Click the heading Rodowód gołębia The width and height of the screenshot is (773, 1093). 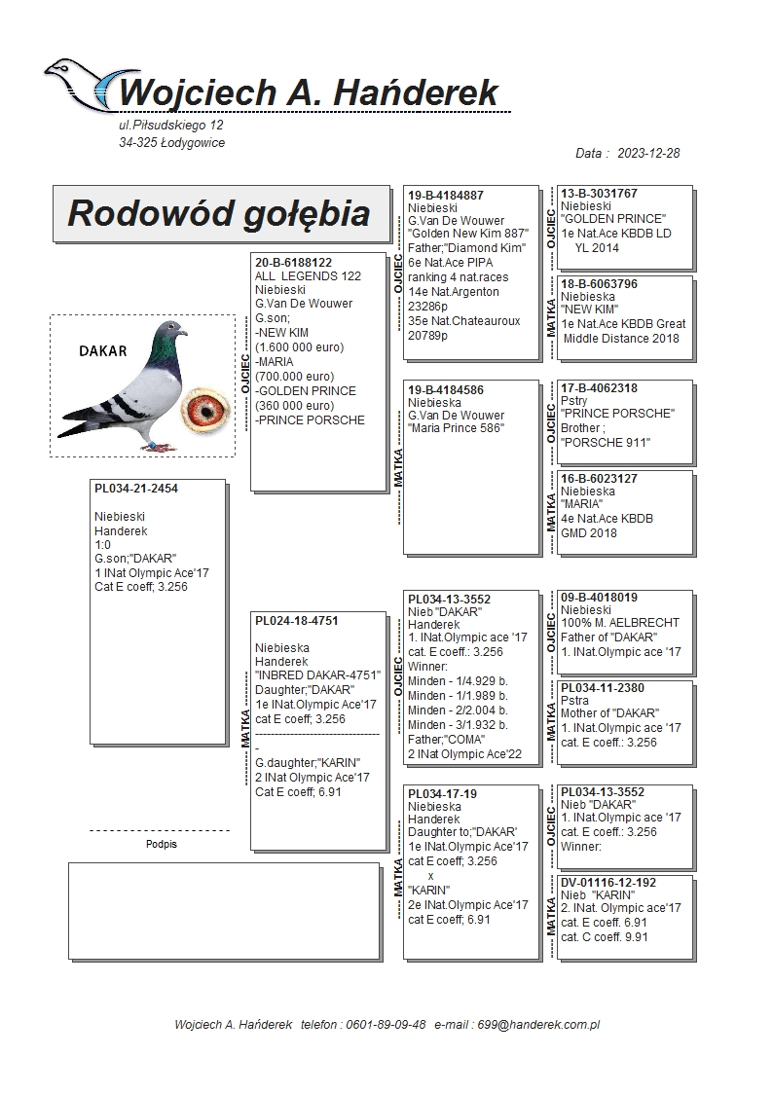click(219, 213)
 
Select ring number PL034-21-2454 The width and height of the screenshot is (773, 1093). click(136, 489)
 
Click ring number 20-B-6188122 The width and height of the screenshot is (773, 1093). click(294, 263)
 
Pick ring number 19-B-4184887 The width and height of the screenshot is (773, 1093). click(446, 196)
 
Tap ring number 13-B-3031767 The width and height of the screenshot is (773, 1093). click(600, 194)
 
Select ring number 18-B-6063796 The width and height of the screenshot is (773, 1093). click(600, 284)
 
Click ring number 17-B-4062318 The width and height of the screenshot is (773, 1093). click(600, 388)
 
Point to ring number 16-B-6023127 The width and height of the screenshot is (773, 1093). click(600, 479)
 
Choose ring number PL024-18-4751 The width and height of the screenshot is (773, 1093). click(297, 620)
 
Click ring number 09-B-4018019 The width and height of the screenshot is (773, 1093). click(600, 598)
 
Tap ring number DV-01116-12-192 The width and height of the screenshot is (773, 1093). click(608, 883)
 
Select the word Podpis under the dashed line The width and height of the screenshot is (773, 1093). click(162, 845)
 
